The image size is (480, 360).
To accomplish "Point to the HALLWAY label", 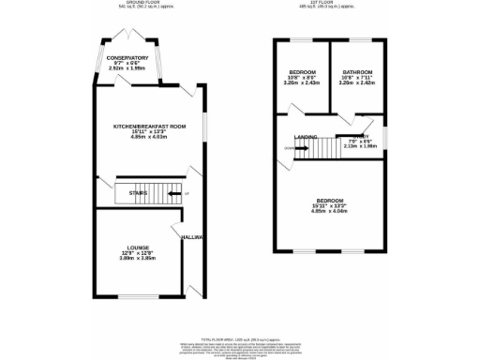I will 193,237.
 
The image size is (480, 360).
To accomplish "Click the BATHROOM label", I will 356,72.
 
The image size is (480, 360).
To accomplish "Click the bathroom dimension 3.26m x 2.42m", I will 356,83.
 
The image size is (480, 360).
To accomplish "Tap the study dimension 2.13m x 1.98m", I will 360,146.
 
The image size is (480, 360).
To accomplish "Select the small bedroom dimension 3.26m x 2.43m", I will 301,83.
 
